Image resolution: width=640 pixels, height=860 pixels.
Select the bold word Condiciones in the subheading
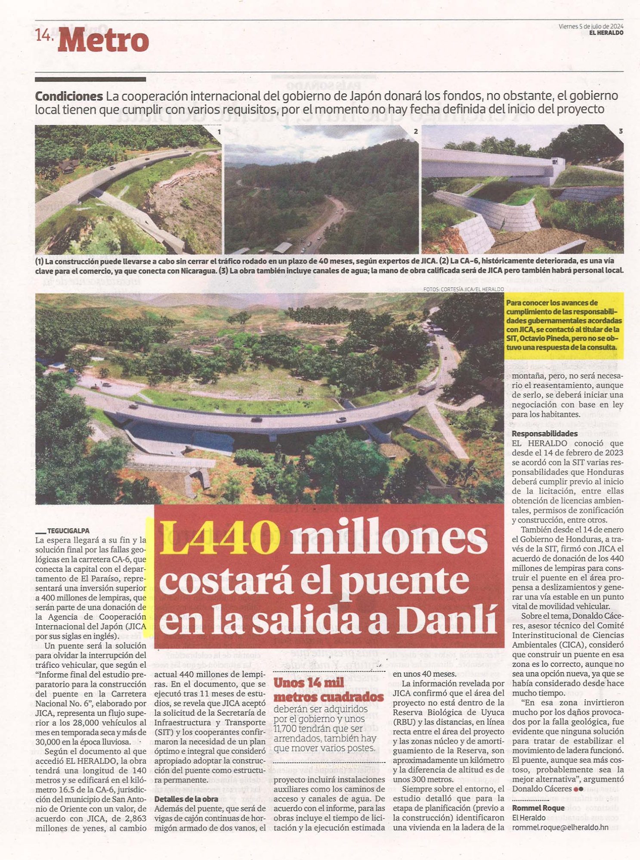tap(69, 96)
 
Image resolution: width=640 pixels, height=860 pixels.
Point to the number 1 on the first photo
tap(219, 132)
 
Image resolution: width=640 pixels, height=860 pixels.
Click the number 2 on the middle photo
tap(415, 132)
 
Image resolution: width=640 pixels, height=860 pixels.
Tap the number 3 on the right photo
tap(620, 131)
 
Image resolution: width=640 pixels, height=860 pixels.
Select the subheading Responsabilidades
tap(544, 433)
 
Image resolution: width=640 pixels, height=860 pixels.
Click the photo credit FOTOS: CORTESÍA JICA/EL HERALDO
tap(463, 289)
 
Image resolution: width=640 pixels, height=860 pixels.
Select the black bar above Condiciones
tap(90, 79)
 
